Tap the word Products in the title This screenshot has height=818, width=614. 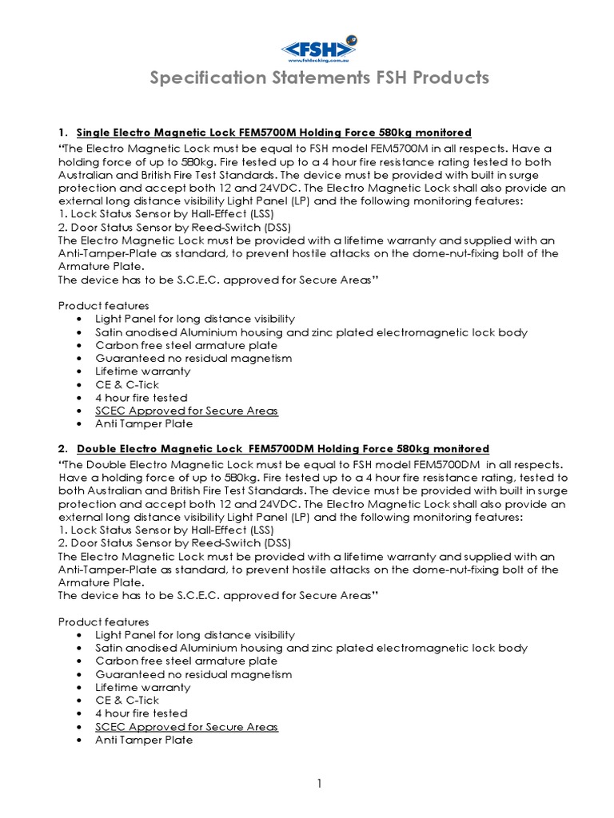tap(448, 77)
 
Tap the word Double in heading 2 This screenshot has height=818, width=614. tap(97, 449)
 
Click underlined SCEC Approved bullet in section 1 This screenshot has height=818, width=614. tap(186, 411)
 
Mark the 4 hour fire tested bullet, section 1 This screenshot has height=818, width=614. tap(141, 398)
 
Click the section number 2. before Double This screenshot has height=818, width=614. tap(64, 449)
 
